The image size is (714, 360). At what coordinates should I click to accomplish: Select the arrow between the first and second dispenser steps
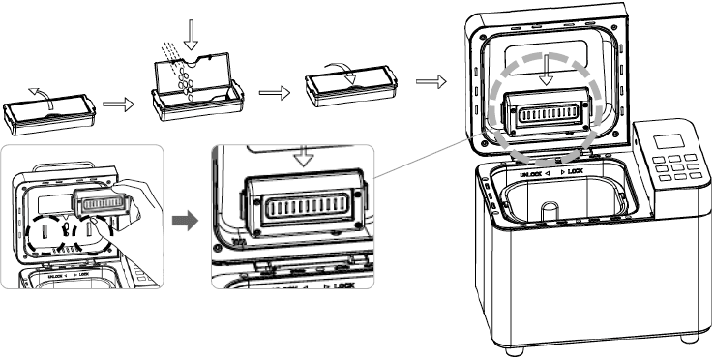click(x=117, y=104)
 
